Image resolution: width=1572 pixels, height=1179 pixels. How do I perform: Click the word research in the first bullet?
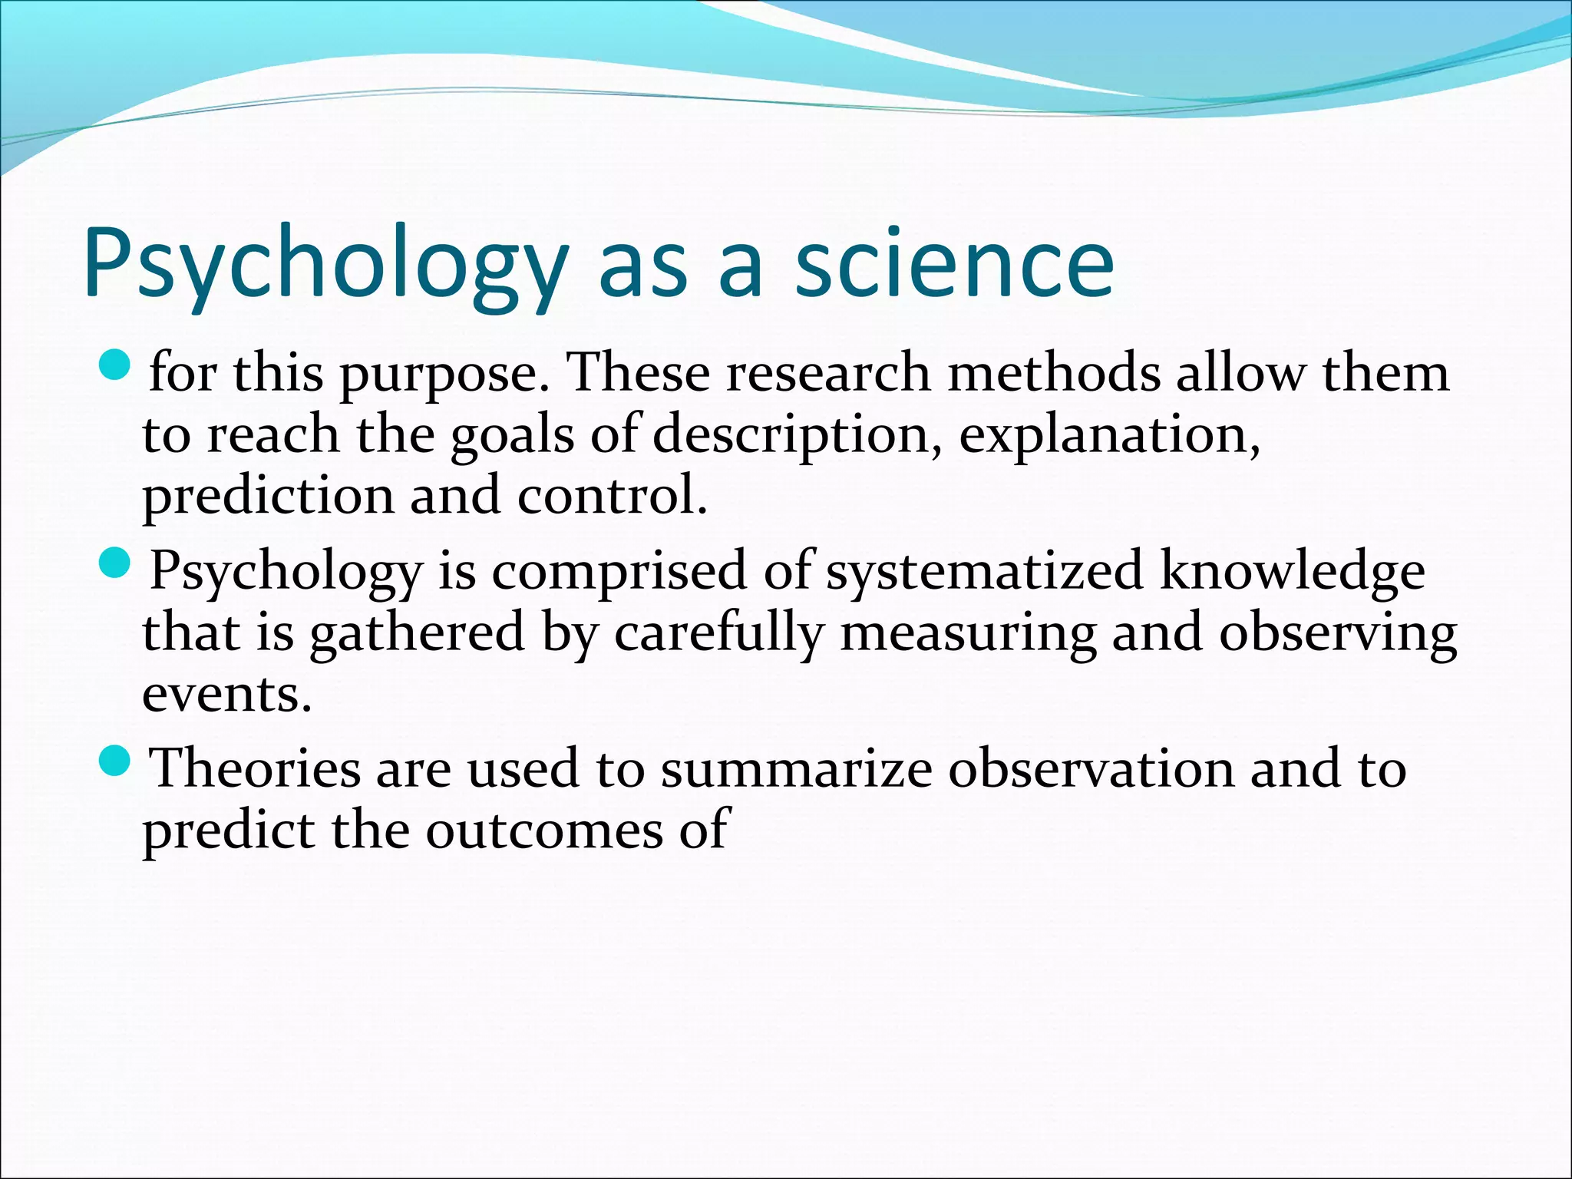pyautogui.click(x=828, y=373)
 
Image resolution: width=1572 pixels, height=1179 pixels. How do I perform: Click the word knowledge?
pyautogui.click(x=1292, y=573)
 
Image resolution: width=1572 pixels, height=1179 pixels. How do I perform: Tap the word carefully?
pyautogui.click(x=718, y=635)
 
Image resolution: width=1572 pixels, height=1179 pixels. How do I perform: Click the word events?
pyautogui.click(x=227, y=695)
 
